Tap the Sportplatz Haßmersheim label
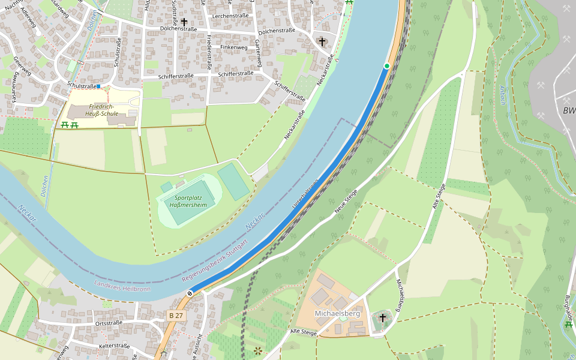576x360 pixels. [x=188, y=201]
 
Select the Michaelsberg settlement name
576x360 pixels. [x=337, y=314]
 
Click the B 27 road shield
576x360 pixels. [x=176, y=316]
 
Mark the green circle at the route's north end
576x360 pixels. [x=387, y=66]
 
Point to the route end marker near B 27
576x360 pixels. [x=190, y=293]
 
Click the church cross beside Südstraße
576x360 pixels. [x=184, y=22]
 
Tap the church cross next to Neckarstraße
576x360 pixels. [x=322, y=41]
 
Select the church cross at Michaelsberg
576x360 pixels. [x=382, y=317]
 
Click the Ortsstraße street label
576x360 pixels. [x=109, y=323]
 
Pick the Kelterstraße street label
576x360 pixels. [x=115, y=346]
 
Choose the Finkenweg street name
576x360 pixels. [x=233, y=47]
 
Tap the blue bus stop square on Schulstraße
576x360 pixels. [x=98, y=86]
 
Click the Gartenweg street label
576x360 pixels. [x=258, y=53]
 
